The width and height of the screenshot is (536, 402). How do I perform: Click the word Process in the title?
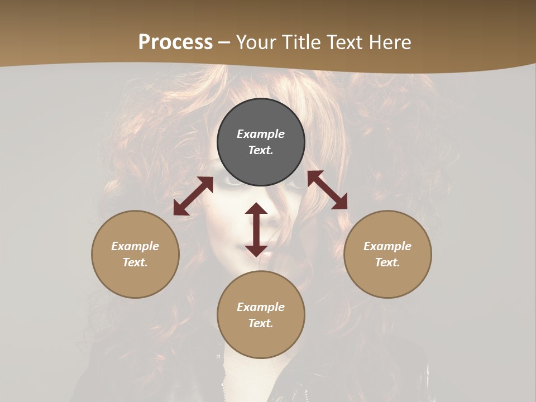(x=175, y=42)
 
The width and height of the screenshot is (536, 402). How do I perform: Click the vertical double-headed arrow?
(x=256, y=229)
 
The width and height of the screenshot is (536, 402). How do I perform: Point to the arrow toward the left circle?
(x=193, y=196)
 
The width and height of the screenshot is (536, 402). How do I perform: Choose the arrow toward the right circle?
(x=327, y=190)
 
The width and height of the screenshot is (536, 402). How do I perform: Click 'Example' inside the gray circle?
(x=261, y=134)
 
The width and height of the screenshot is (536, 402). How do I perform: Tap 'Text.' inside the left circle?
(x=135, y=262)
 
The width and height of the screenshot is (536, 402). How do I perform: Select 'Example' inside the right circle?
(x=387, y=246)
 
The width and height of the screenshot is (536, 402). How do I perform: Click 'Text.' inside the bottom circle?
(x=261, y=323)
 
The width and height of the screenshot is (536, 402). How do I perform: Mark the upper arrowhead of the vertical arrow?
(x=256, y=210)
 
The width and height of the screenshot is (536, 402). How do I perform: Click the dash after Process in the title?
(x=224, y=42)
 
